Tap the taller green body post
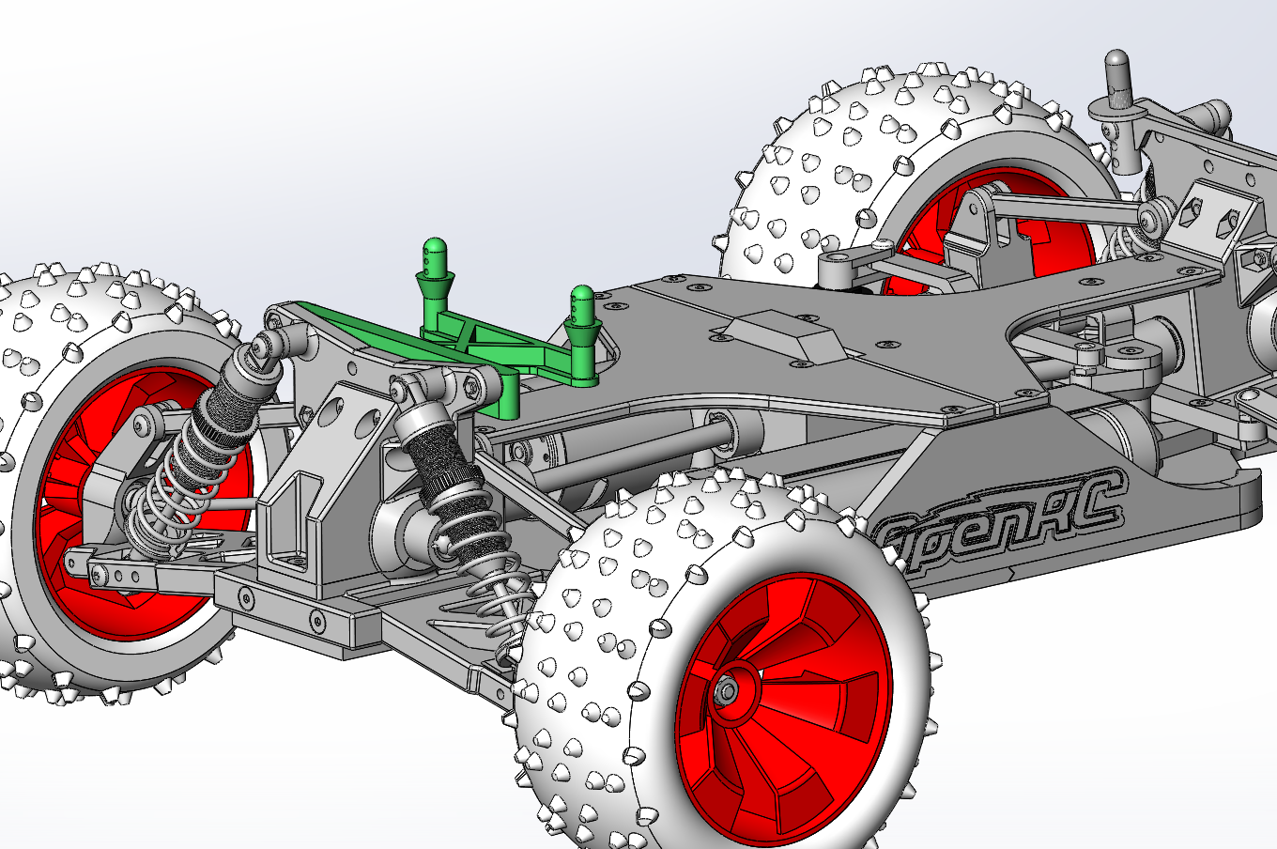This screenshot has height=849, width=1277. click(433, 272)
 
